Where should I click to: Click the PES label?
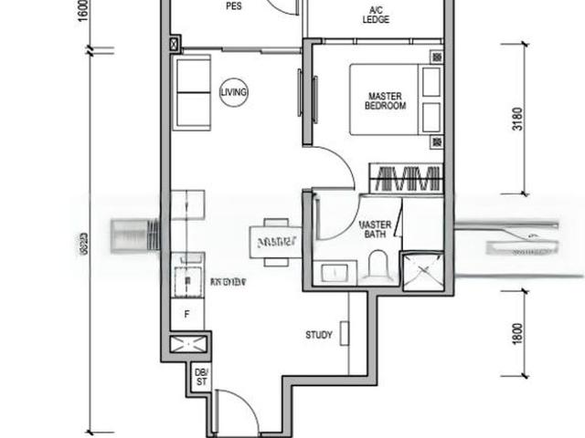[233, 5]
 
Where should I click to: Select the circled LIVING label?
[234, 91]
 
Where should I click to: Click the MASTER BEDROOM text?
[385, 100]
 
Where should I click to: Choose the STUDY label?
[319, 335]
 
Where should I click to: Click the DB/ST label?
[200, 375]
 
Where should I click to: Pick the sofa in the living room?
[192, 91]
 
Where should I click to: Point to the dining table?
[274, 242]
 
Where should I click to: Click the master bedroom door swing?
[334, 169]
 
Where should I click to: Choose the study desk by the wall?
[343, 333]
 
